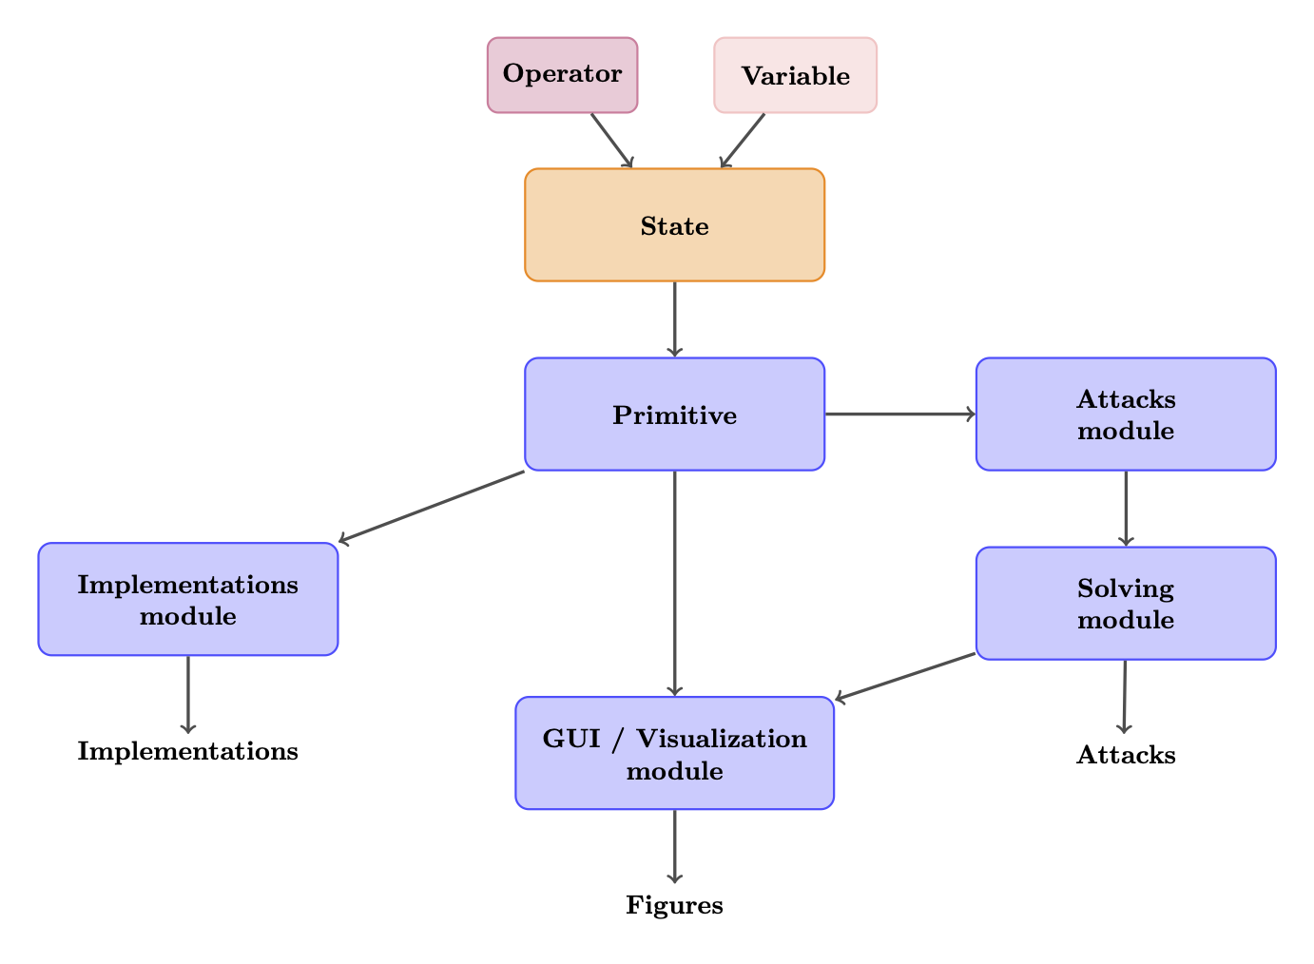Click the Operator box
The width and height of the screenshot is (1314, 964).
point(562,75)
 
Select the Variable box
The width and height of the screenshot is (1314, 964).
point(795,75)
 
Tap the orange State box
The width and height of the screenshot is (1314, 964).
point(674,225)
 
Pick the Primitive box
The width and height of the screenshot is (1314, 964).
point(674,415)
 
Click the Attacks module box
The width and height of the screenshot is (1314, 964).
point(1126,415)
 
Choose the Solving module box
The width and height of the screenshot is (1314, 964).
point(1126,604)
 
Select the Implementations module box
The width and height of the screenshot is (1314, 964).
point(188,600)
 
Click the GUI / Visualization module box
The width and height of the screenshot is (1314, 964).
point(674,753)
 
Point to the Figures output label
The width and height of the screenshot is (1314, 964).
point(674,905)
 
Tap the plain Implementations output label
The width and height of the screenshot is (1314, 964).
point(188,751)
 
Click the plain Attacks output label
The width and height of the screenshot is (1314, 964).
point(1126,755)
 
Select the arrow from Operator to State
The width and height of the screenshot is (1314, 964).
point(611,141)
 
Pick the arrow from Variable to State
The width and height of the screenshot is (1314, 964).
point(743,141)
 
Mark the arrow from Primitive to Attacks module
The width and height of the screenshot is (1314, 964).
point(899,415)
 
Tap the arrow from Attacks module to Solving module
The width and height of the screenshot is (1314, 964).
point(1126,509)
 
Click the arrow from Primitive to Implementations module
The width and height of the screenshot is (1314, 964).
point(432,507)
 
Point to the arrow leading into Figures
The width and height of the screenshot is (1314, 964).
point(674,846)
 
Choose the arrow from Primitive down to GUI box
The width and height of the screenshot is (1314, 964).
point(674,584)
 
